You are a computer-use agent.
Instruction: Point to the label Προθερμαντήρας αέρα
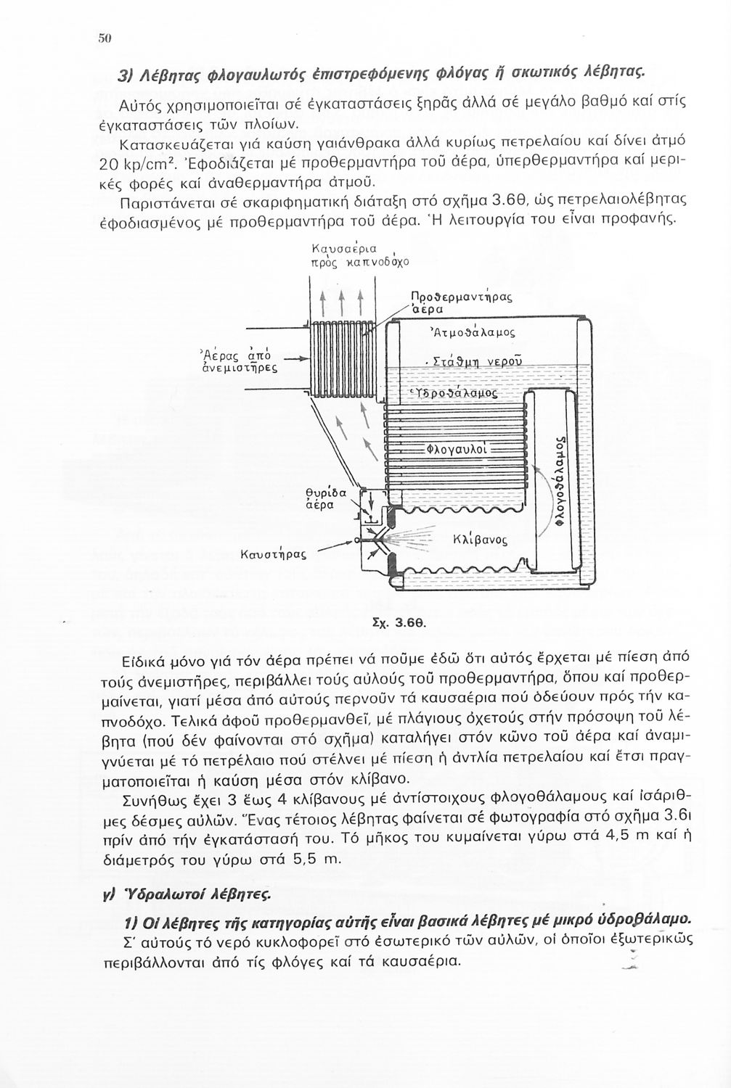pos(461,302)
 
